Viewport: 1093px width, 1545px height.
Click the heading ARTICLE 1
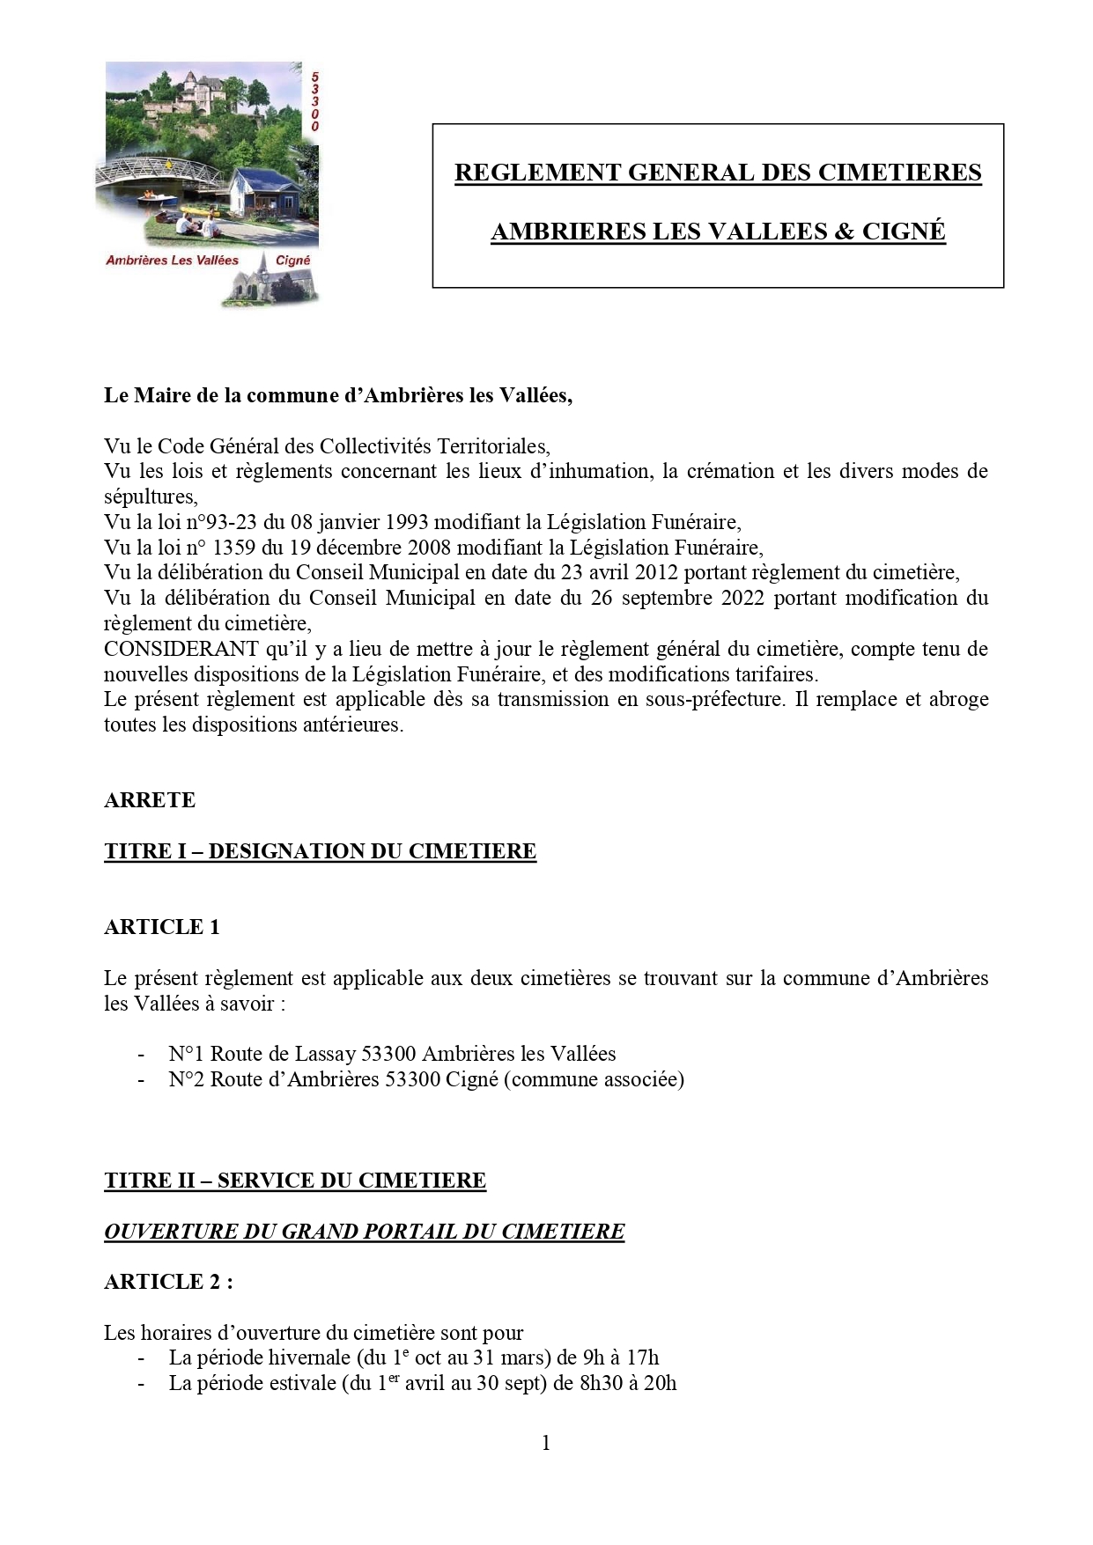click(x=161, y=927)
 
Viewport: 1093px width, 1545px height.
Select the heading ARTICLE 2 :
click(x=168, y=1282)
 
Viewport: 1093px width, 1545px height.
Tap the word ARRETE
click(x=150, y=800)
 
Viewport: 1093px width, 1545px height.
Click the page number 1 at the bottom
click(x=546, y=1442)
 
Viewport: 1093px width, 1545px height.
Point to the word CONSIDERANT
click(x=181, y=649)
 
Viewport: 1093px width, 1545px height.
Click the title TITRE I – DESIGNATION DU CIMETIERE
click(x=320, y=851)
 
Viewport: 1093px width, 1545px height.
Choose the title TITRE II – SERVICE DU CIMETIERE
click(x=295, y=1181)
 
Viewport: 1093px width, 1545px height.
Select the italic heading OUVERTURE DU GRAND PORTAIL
click(x=364, y=1232)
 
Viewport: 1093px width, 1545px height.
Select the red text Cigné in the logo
click(x=293, y=261)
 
